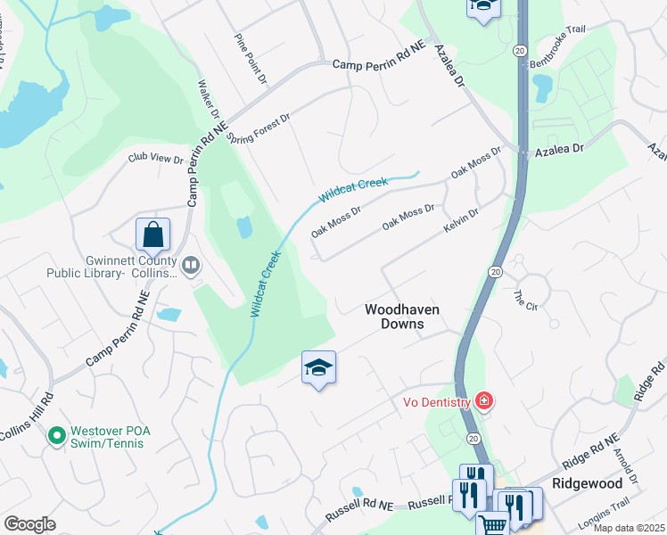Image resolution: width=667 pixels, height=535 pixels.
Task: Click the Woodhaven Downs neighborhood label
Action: click(402, 317)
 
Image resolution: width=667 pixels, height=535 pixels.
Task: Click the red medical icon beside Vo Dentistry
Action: click(484, 402)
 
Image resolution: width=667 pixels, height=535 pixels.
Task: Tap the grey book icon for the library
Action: click(191, 265)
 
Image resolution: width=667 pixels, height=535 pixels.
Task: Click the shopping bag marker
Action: click(153, 235)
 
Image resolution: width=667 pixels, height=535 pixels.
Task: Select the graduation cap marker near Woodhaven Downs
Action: click(318, 367)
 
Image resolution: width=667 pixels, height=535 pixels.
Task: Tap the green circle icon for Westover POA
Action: click(56, 436)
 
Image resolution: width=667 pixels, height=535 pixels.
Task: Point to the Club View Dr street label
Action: click(155, 159)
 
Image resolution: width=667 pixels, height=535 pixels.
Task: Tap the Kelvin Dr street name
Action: click(461, 223)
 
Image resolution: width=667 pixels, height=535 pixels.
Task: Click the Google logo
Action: click(29, 524)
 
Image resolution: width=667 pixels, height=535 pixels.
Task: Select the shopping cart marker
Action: click(491, 524)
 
